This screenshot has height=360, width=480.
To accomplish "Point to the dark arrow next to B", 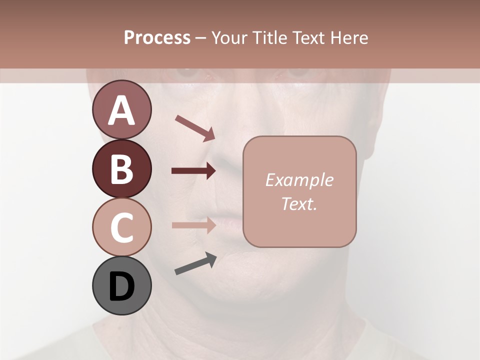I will pyautogui.click(x=193, y=171).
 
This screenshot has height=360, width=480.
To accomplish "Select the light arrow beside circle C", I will pyautogui.click(x=193, y=225).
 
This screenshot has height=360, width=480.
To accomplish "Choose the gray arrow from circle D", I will pyautogui.click(x=195, y=263).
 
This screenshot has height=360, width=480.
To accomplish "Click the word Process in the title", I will pyautogui.click(x=157, y=37).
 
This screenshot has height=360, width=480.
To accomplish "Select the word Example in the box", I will pyautogui.click(x=299, y=180).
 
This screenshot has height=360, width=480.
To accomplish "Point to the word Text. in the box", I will pyautogui.click(x=299, y=203).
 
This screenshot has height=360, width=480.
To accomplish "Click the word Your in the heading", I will pyautogui.click(x=228, y=37).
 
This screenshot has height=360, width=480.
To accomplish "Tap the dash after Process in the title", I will pyautogui.click(x=201, y=38).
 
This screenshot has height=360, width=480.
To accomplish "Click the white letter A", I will pyautogui.click(x=121, y=110).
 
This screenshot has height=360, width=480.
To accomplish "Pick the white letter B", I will pyautogui.click(x=121, y=169).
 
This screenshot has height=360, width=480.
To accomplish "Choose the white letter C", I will pyautogui.click(x=121, y=227).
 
